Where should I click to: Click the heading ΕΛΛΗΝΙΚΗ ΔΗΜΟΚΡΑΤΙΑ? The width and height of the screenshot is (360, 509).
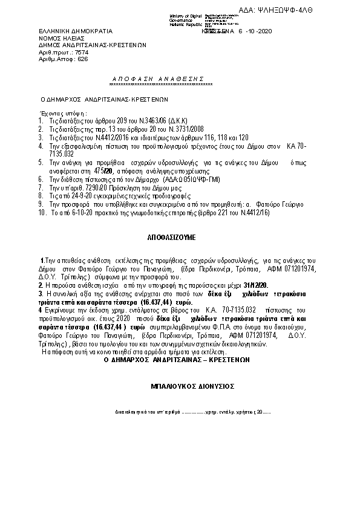point(68,31)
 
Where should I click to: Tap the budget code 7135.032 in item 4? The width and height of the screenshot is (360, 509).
point(56,154)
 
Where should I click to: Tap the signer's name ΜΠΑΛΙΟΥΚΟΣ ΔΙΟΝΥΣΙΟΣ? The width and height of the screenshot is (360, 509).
point(192,385)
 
